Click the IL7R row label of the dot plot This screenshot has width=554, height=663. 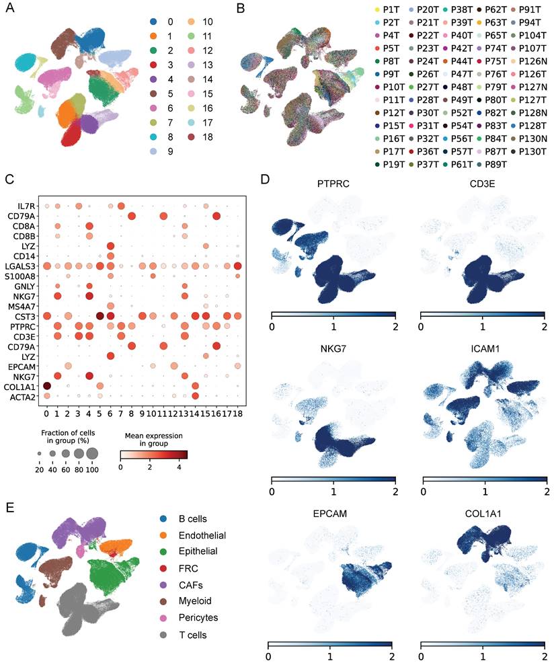click(x=28, y=204)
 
